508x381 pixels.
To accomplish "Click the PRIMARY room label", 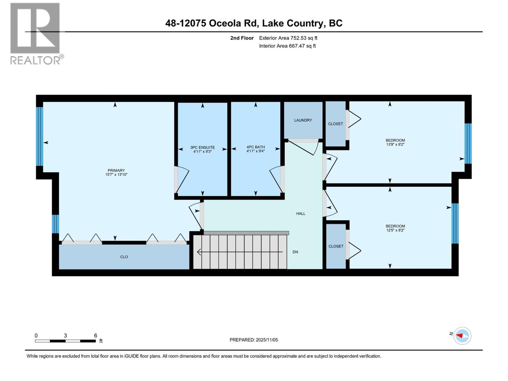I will pos(116,170).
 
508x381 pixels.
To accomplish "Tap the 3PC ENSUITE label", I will pos(203,147).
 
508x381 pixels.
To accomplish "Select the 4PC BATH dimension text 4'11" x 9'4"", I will pos(256,151).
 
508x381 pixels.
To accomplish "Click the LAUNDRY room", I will pos(303,120).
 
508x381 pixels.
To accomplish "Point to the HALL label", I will pos(301,214).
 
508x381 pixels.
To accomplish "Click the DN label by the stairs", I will pos(295,252).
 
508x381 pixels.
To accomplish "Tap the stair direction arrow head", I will pos(199,252).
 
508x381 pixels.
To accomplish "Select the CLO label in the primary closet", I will pos(124,257).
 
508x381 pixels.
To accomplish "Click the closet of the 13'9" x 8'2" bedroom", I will pos(336,124).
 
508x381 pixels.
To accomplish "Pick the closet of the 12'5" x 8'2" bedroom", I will pos(336,246).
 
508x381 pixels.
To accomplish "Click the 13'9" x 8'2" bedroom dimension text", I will pos(395,144).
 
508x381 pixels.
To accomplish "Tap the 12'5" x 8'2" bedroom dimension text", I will pos(395,231).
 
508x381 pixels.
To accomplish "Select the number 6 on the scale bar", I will pos(96,336).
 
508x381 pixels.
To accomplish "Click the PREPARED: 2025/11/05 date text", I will pos(254,340).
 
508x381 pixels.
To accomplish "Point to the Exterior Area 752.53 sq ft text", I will pos(288,38).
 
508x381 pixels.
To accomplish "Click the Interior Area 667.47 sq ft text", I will pos(287,46).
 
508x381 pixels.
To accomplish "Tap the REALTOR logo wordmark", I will pos(36,60).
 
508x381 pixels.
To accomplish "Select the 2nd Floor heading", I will pos(242,38).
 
